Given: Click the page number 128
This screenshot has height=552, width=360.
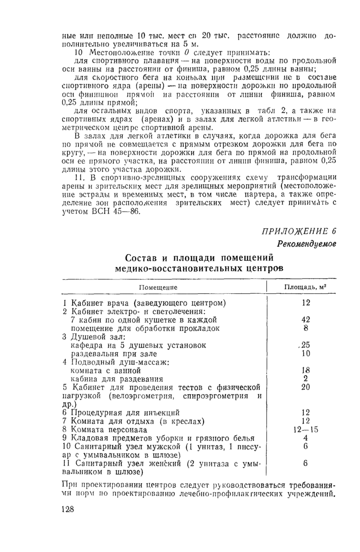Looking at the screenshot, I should click(67, 509).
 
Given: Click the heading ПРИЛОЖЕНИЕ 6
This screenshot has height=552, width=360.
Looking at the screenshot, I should click(298, 230).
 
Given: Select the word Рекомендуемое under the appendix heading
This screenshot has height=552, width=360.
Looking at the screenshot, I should click(307, 243).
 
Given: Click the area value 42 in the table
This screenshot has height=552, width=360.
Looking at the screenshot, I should click(305, 319).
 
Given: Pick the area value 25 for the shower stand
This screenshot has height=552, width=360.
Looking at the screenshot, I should click(305, 344).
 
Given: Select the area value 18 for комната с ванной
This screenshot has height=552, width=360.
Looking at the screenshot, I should click(305, 369).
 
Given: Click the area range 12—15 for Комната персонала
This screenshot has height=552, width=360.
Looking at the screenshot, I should click(305, 429).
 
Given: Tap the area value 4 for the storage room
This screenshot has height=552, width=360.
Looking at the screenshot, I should click(305, 438).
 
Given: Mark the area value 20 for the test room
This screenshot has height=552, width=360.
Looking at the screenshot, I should click(305, 387).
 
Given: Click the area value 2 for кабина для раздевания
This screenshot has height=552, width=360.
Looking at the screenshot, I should click(305, 378).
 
